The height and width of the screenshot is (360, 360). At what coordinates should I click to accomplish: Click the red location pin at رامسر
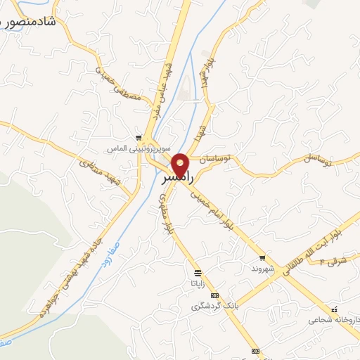tap(181, 165)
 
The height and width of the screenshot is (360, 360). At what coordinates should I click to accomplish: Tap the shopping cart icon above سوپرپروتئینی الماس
tap(139, 139)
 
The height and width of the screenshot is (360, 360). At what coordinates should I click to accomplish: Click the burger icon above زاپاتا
tap(198, 272)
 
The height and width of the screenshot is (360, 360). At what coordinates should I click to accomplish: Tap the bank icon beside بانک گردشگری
tap(214, 295)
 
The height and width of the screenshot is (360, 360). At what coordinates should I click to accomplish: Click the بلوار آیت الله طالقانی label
tap(313, 246)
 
